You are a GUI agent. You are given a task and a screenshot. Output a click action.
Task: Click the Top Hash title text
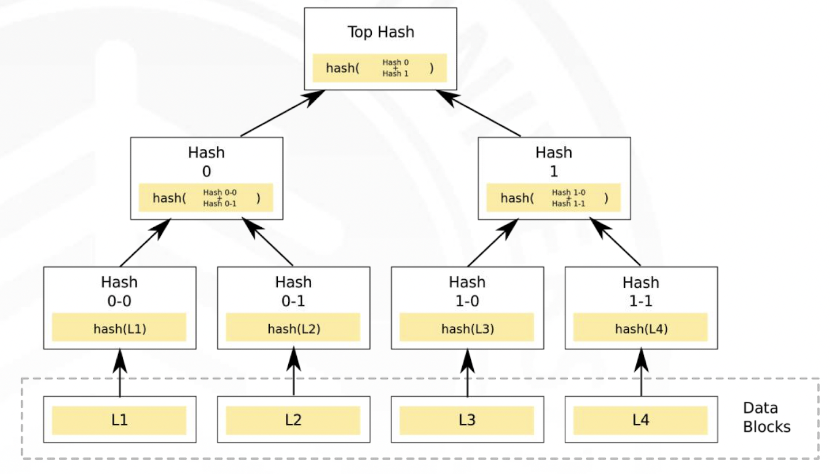(380, 32)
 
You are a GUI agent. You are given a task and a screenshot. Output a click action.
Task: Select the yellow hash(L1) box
(119, 327)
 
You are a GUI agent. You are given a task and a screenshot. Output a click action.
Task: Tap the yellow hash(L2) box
(293, 327)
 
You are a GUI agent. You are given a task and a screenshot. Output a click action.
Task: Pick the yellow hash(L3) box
(467, 327)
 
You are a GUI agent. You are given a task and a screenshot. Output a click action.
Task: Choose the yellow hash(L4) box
(641, 327)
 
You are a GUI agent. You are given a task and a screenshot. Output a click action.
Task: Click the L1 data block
(120, 420)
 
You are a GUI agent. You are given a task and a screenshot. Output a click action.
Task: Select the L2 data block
(293, 420)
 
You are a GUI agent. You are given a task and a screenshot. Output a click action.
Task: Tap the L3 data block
(467, 420)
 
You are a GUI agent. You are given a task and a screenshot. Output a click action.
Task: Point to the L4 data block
(641, 420)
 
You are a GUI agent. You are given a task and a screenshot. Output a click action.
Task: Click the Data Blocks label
(766, 417)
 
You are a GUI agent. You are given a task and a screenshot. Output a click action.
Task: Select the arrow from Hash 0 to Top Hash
(283, 114)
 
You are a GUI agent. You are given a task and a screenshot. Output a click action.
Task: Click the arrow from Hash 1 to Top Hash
(478, 114)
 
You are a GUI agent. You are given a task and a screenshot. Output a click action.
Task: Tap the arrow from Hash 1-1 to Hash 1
(615, 242)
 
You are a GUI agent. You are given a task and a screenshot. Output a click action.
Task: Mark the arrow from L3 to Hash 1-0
(467, 373)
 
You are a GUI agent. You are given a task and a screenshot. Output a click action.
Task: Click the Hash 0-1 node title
(293, 292)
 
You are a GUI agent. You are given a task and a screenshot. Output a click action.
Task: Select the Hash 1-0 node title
(467, 292)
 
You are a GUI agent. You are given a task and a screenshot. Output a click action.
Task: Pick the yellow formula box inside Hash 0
(206, 198)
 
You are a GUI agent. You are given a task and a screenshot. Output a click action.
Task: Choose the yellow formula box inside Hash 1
(553, 198)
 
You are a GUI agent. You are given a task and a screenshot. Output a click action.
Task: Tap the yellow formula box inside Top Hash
(380, 68)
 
